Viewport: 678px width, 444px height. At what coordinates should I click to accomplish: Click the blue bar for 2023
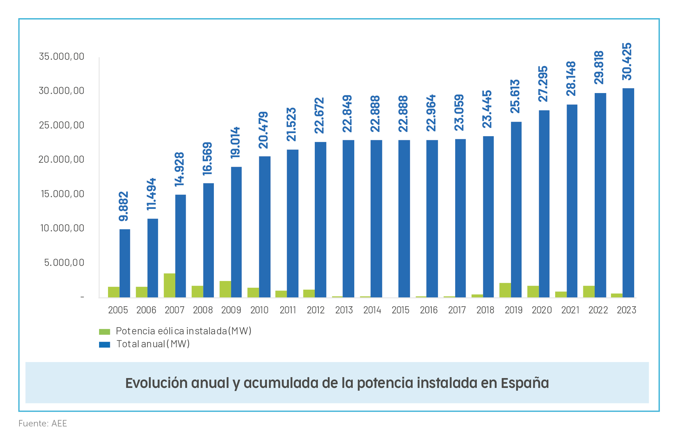(x=628, y=193)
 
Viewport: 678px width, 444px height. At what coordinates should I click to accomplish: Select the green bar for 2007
(x=169, y=285)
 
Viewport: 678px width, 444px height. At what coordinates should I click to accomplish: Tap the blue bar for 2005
(x=125, y=263)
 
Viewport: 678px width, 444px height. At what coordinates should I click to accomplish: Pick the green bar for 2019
(x=505, y=290)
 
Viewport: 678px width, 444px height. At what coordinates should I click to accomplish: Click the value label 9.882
(x=123, y=206)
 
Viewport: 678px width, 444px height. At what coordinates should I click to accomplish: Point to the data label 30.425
(x=627, y=62)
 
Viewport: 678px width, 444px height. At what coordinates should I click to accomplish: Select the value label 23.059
(x=459, y=112)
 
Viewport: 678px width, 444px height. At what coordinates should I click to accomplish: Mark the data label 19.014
(x=235, y=143)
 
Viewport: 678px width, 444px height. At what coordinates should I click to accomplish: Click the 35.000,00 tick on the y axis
(x=61, y=56)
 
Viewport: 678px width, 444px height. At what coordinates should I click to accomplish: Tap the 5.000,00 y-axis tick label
(x=64, y=263)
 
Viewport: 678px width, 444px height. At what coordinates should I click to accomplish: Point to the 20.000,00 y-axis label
(x=61, y=159)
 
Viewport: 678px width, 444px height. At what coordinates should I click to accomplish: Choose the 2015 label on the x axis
(x=400, y=310)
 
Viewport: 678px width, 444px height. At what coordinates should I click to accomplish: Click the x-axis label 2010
(x=259, y=310)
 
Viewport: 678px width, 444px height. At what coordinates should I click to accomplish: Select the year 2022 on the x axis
(x=598, y=310)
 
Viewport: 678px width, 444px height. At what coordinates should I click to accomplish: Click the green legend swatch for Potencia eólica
(x=104, y=332)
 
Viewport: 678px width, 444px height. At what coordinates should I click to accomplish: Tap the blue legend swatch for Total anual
(x=104, y=344)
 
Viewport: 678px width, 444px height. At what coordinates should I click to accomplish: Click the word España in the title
(x=525, y=383)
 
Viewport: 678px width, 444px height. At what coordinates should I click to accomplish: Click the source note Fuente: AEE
(x=43, y=423)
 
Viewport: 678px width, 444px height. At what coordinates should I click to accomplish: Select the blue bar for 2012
(x=320, y=219)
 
